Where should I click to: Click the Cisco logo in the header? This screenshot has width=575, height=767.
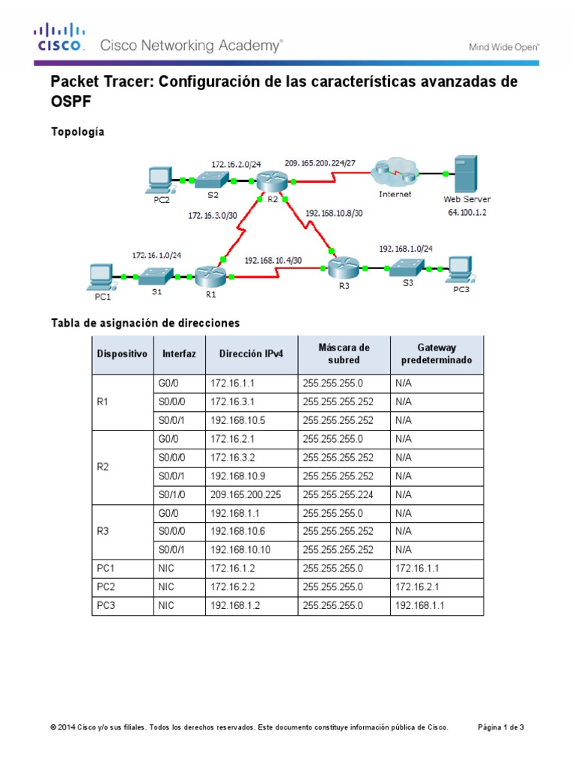(57, 37)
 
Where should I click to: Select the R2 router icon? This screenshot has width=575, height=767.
(267, 181)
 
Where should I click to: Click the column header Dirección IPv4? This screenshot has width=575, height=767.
(251, 354)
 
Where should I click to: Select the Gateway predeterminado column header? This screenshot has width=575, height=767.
(437, 354)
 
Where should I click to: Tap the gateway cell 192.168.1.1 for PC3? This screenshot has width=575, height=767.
(419, 605)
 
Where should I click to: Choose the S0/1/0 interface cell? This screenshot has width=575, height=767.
(171, 494)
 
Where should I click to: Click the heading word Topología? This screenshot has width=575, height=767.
(77, 132)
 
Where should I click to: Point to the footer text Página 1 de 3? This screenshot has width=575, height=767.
(501, 727)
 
